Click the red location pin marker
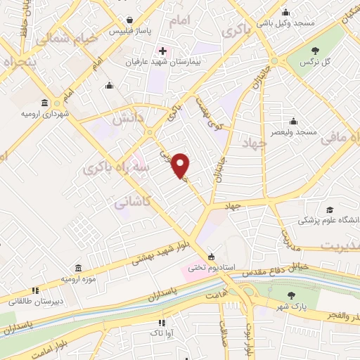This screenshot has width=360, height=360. pyautogui.click(x=181, y=165)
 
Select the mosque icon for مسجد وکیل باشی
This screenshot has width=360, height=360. pyautogui.click(x=286, y=13)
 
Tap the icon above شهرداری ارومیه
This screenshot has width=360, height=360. pyautogui.click(x=45, y=102)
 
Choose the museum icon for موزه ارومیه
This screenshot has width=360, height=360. pyautogui.click(x=77, y=269)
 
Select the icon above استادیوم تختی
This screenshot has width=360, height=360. pyautogui.click(x=211, y=256)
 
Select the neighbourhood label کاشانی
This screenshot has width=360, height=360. pyautogui.click(x=134, y=202)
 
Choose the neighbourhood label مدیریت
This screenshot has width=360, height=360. pyautogui.click(x=340, y=245)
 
